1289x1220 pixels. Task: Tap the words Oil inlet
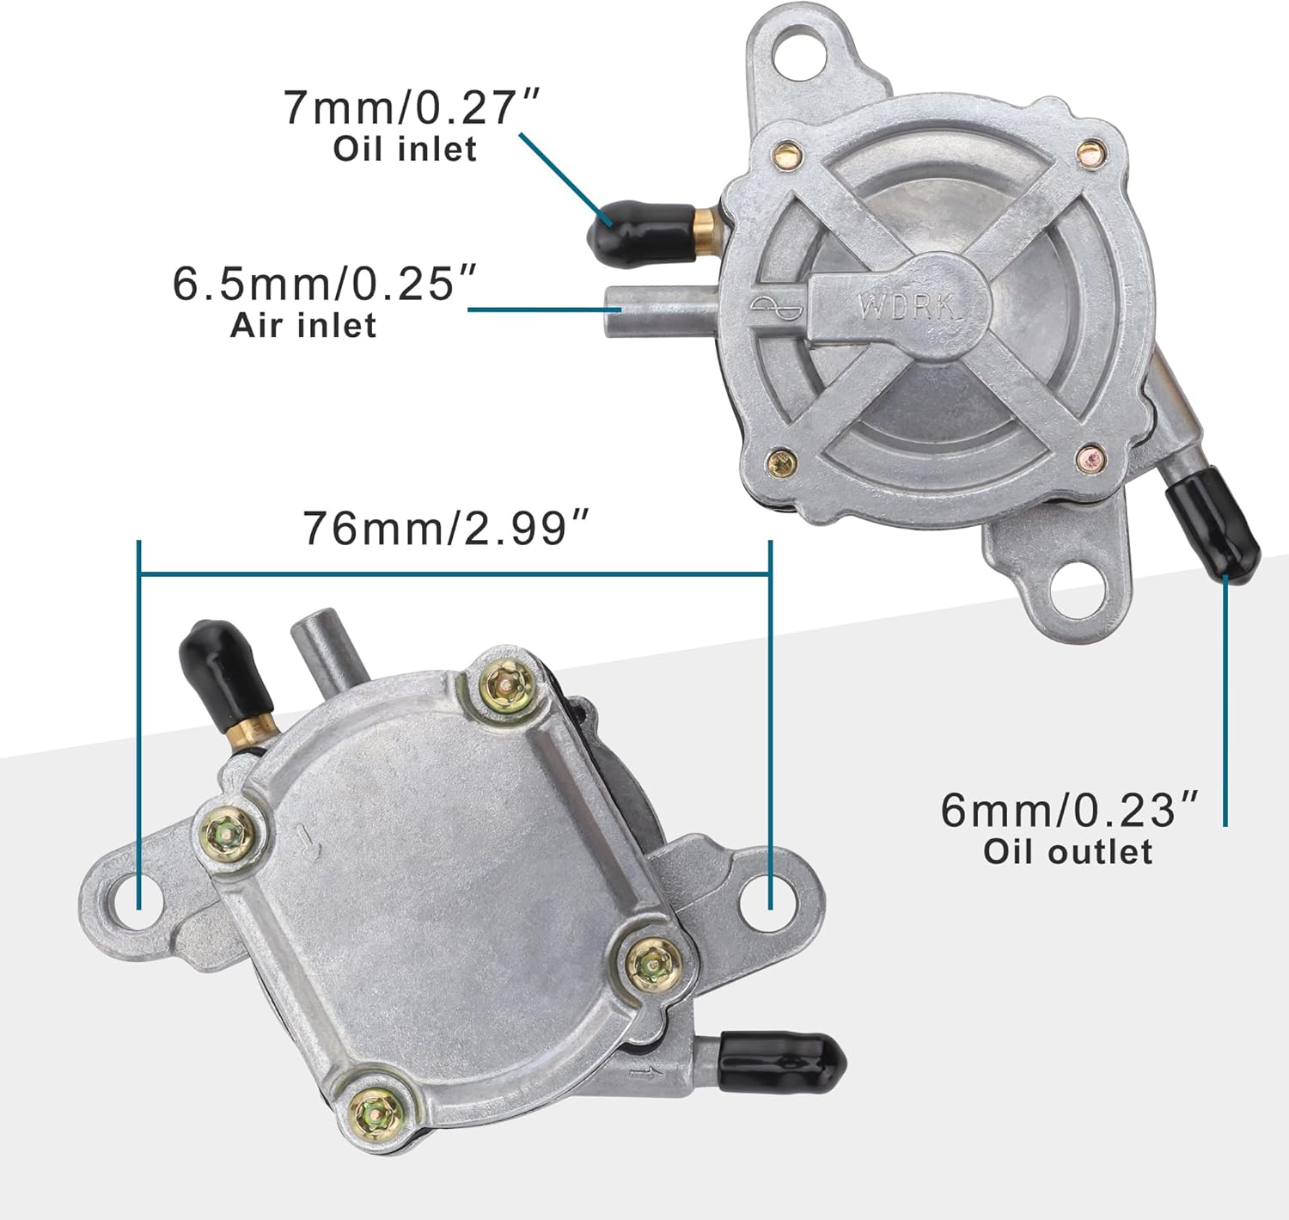(405, 149)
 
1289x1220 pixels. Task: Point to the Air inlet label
(302, 326)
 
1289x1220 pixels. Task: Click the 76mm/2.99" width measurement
(448, 527)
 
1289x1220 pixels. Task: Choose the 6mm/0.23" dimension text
(1069, 810)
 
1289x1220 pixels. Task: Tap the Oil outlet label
(1067, 852)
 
